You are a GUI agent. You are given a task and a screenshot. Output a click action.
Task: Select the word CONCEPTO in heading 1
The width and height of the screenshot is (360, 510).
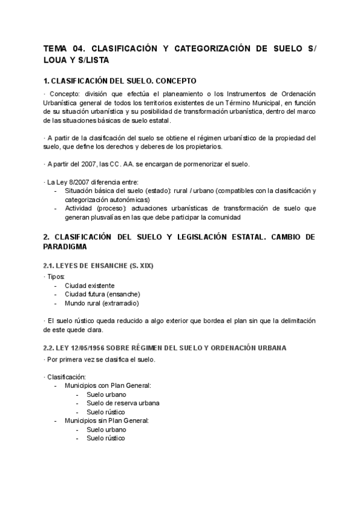174,81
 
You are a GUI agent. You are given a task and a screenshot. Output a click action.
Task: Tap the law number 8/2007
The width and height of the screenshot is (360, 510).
72,182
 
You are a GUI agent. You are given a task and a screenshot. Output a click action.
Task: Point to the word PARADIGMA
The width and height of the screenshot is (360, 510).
66,247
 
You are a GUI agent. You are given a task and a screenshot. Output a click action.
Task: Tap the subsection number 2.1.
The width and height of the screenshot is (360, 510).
49,264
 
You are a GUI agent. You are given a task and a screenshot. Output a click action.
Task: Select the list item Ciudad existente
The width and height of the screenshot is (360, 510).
90,285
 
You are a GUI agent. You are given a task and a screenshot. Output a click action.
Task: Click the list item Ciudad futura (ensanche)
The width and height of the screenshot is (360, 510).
102,294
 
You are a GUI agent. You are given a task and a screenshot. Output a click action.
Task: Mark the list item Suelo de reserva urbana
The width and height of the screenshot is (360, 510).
123,403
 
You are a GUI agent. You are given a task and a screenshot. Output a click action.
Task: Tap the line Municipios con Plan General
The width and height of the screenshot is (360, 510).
108,386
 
